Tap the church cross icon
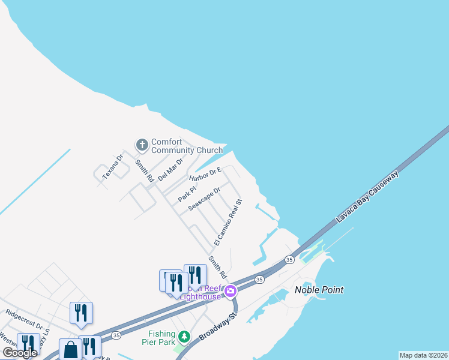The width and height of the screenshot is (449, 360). click(142, 145)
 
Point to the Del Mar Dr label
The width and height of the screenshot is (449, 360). click(170, 169)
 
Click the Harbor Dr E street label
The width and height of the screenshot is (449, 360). click(205, 175)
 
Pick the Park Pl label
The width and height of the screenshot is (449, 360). click(187, 193)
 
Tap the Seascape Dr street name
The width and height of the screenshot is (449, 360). click(204, 198)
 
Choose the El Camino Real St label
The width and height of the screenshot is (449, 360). click(228, 223)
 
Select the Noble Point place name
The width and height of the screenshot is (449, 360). click(319, 290)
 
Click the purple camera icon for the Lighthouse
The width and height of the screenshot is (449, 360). click(231, 292)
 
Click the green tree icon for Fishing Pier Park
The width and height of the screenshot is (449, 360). click(185, 336)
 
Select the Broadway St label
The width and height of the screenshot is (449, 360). click(215, 329)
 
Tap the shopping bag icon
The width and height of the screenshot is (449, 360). click(71, 350)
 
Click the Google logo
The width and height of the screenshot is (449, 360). click(20, 353)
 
